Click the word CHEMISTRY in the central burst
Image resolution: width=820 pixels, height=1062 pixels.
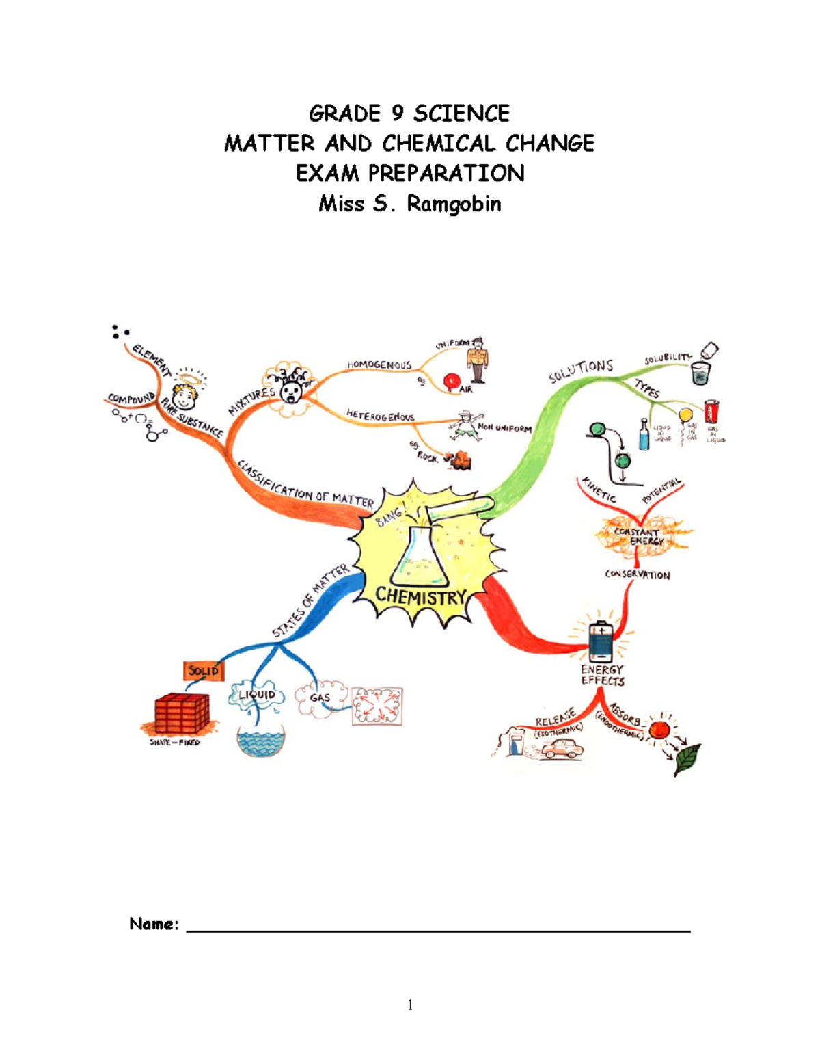pyautogui.click(x=420, y=596)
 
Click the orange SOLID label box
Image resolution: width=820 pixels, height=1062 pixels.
pyautogui.click(x=203, y=671)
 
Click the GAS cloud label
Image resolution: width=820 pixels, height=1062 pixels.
pyautogui.click(x=319, y=698)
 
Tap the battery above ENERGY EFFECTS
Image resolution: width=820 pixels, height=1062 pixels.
pyautogui.click(x=601, y=641)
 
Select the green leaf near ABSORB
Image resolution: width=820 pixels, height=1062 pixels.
pyautogui.click(x=687, y=758)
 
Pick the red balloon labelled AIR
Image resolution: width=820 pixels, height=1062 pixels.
pyautogui.click(x=450, y=381)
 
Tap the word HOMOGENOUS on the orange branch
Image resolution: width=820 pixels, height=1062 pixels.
pyautogui.click(x=379, y=364)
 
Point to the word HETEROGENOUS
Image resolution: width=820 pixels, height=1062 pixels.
pyautogui.click(x=380, y=416)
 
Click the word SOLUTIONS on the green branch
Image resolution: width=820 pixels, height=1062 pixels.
pyautogui.click(x=580, y=371)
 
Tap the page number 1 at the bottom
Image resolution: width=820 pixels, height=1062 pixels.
pyautogui.click(x=410, y=1005)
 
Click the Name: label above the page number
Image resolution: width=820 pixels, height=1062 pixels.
pyautogui.click(x=154, y=925)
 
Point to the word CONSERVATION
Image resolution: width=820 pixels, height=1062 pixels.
pyautogui.click(x=637, y=575)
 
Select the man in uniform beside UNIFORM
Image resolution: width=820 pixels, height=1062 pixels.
pyautogui.click(x=477, y=360)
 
